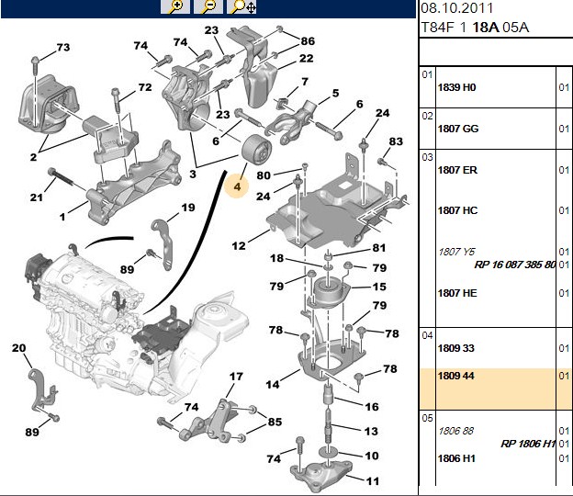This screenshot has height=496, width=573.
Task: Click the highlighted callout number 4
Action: [238, 186]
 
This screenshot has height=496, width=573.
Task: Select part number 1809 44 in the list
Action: [455, 376]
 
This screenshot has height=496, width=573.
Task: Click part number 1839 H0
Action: [456, 88]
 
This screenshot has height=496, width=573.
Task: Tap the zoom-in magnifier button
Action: [175, 6]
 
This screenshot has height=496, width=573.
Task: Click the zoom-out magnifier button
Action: [208, 6]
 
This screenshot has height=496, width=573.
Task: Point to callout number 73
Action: [63, 48]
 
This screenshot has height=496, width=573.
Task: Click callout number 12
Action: [239, 245]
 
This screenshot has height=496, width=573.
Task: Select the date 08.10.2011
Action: [456, 8]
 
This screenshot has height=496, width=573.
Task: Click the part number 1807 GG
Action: [458, 129]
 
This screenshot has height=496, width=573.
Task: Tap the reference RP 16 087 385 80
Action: [515, 265]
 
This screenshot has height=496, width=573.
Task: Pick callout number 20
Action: [19, 347]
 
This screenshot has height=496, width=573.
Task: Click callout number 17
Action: [236, 376]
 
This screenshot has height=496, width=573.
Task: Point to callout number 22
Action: [306, 59]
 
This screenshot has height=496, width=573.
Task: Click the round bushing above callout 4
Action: [257, 151]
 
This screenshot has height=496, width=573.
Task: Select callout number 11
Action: [373, 481]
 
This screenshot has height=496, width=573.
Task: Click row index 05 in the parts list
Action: [427, 418]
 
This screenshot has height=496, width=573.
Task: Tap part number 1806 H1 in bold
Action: [456, 458]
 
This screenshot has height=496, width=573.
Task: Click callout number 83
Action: [396, 141]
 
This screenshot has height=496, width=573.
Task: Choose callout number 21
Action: [36, 197]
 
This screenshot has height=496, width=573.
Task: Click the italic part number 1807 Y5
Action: [456, 252]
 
